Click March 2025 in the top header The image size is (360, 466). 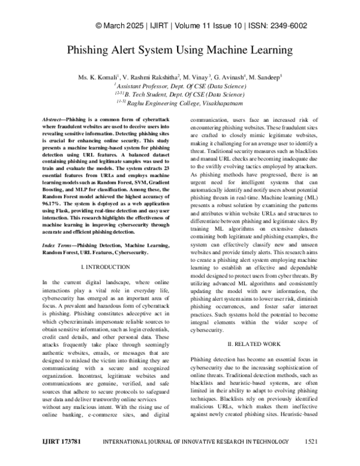coord(130,26)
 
